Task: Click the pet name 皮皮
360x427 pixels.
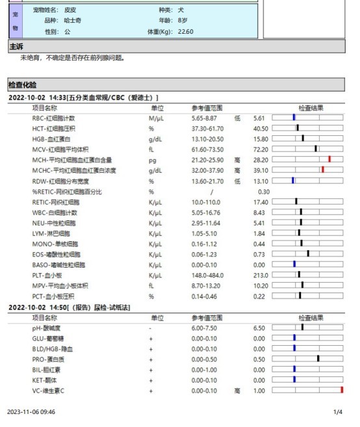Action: pyautogui.click(x=70, y=10)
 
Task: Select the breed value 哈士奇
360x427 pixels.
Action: pyautogui.click(x=73, y=21)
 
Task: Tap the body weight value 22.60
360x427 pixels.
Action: pyautogui.click(x=185, y=31)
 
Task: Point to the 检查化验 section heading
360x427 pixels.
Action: pyautogui.click(x=23, y=84)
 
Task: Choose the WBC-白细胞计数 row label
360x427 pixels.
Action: pyautogui.click(x=55, y=213)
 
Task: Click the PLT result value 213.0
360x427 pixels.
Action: pyautogui.click(x=260, y=275)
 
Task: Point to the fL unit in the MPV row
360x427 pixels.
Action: pyautogui.click(x=151, y=285)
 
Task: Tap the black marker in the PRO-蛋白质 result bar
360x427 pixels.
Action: pyautogui.click(x=318, y=359)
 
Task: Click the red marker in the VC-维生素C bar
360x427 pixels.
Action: pyautogui.click(x=342, y=391)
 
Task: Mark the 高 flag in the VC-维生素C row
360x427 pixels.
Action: pyautogui.click(x=238, y=391)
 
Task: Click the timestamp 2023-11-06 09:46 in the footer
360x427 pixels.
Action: pyautogui.click(x=31, y=412)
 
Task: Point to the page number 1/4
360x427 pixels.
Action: pyautogui.click(x=338, y=412)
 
